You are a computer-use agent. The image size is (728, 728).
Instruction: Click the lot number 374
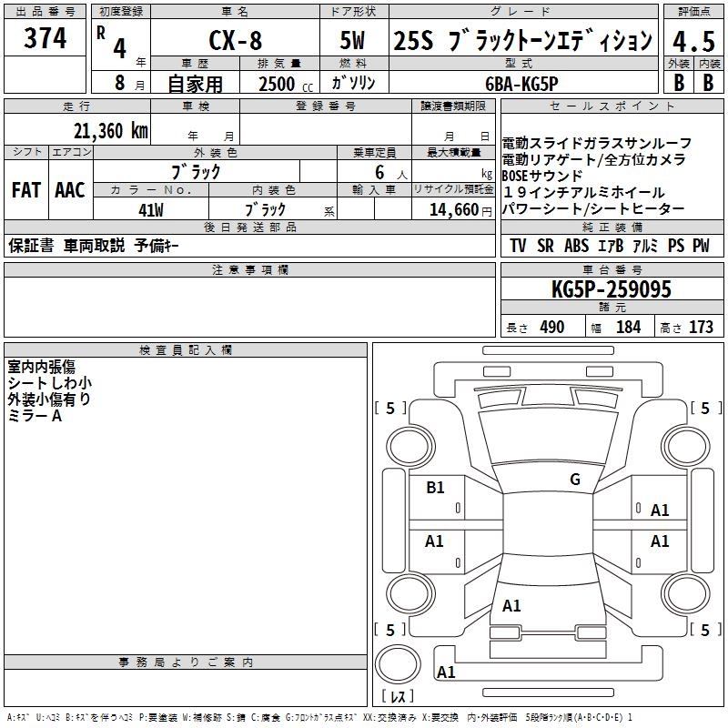[45, 38]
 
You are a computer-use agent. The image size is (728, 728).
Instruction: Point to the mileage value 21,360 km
[110, 131]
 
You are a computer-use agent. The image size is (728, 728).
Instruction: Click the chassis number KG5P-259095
[611, 289]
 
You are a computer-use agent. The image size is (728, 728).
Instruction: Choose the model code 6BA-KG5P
[521, 82]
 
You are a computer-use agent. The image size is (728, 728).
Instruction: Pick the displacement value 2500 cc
[278, 84]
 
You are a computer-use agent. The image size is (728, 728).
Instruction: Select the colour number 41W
[151, 209]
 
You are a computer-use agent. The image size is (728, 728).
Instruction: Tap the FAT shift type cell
[26, 190]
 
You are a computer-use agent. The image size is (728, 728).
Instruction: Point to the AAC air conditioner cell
[70, 190]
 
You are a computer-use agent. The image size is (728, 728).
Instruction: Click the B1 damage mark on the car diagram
[436, 488]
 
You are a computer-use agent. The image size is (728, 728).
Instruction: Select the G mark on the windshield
[574, 480]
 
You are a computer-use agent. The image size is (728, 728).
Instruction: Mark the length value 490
[551, 328]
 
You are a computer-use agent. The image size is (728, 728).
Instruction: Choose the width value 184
[628, 328]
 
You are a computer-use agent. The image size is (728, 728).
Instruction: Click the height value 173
[701, 328]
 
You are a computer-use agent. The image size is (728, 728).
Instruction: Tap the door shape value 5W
[354, 40]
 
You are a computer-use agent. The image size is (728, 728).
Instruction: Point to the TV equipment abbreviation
[518, 246]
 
